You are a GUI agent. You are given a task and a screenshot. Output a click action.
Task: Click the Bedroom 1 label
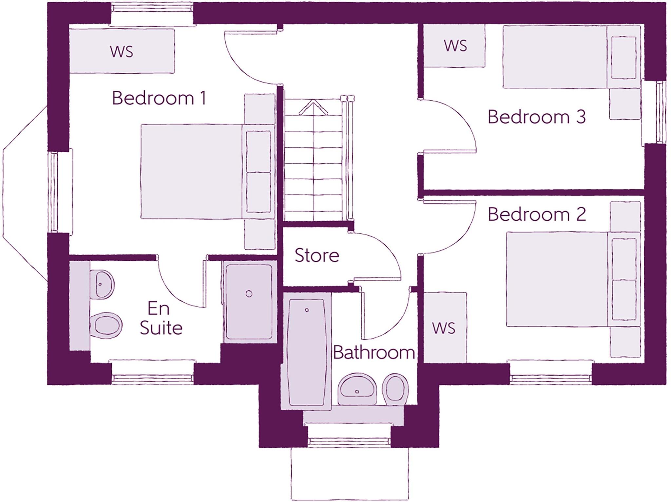coord(159,98)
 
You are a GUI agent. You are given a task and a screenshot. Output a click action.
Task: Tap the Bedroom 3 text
coord(536,117)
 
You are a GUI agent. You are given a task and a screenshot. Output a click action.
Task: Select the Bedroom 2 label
coord(536,214)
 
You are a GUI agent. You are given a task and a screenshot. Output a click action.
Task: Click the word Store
coord(316,255)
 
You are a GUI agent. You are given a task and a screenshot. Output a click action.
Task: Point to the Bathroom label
coord(374,353)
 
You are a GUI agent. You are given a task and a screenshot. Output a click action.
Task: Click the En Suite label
coord(161,318)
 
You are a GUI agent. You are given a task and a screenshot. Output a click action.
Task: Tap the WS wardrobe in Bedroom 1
coord(122,51)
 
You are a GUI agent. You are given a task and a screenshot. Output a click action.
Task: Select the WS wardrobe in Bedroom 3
coord(455,46)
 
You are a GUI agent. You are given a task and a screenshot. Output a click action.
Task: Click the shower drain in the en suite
coord(249,294)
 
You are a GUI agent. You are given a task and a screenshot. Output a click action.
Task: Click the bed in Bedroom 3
coord(557,57)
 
